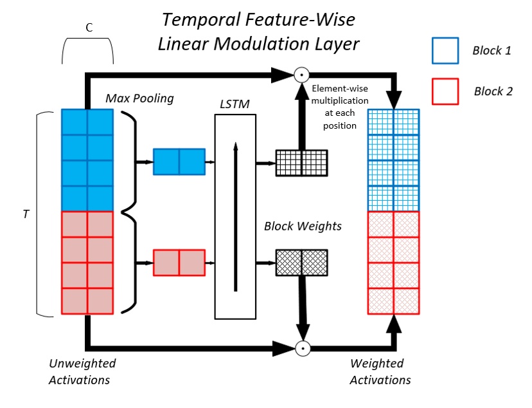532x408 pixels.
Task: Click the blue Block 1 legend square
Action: [x=445, y=50]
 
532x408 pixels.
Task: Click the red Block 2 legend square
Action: [x=445, y=91]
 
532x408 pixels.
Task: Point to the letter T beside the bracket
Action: [x=26, y=214]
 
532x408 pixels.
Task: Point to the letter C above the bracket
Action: [x=89, y=28]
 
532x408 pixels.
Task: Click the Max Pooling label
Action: [x=139, y=99]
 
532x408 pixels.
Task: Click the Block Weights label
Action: [x=302, y=227]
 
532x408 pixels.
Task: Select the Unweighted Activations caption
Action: [x=82, y=371]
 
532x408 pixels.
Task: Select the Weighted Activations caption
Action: [x=380, y=371]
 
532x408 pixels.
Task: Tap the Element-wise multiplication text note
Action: [x=340, y=107]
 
